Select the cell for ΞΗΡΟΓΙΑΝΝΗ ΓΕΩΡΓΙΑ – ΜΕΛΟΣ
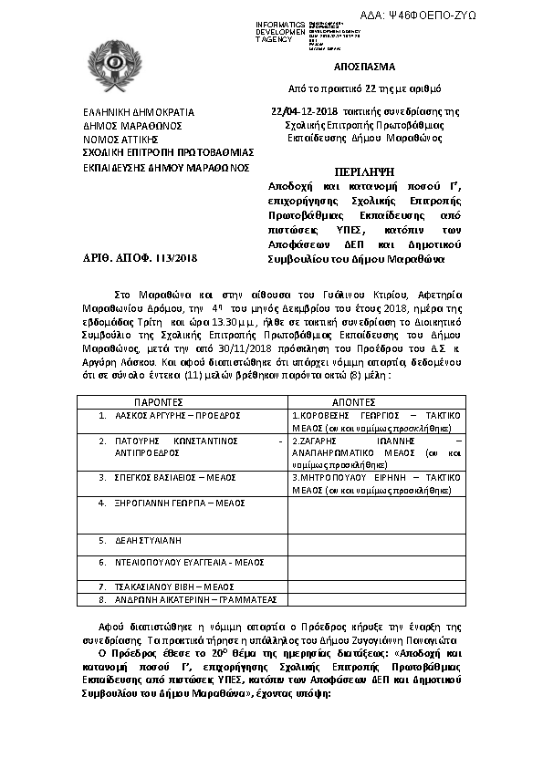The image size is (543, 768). coord(174,503)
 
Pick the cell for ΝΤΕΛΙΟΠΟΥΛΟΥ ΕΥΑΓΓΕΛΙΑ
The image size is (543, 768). coord(183,563)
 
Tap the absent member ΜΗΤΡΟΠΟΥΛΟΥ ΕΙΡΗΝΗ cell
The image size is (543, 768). coord(376,483)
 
